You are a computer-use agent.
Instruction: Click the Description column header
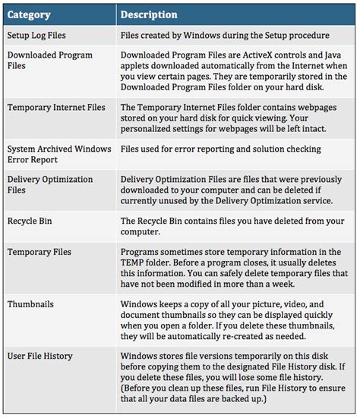click(149, 14)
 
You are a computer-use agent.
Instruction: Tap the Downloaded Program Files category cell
click(49, 61)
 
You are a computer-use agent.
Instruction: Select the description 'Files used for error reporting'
click(220, 149)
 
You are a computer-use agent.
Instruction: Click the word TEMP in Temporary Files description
click(135, 262)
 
